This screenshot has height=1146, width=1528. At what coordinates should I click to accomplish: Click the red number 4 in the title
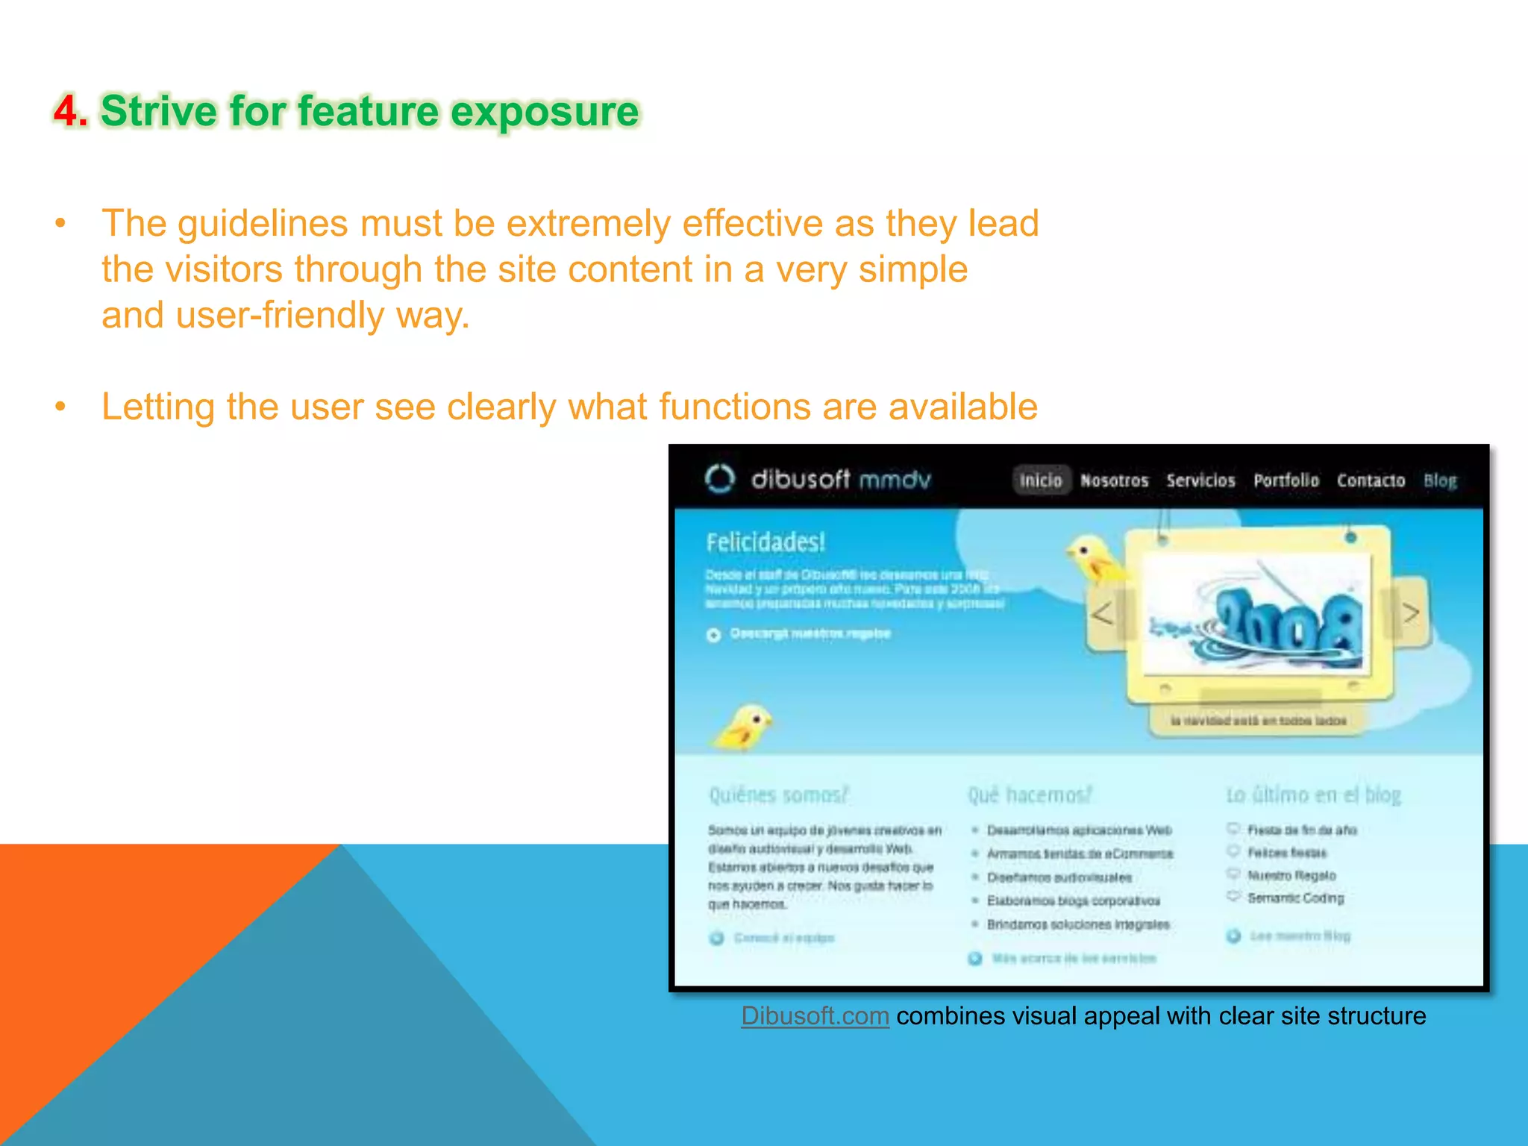(x=69, y=112)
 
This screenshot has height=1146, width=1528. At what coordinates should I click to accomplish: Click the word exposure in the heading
(x=545, y=112)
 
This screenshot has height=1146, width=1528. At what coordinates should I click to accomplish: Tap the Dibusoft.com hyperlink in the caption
(x=815, y=1016)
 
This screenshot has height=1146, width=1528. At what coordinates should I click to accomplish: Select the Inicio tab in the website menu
(x=1041, y=480)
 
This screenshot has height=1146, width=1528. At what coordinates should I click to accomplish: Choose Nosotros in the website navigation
(x=1114, y=480)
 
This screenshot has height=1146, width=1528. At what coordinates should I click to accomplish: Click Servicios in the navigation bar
(x=1200, y=480)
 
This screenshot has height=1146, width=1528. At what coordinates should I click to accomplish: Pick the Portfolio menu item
(x=1286, y=480)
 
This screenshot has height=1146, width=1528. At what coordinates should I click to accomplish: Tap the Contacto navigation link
(x=1371, y=480)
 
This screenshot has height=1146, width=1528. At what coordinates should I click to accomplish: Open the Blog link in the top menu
(x=1440, y=480)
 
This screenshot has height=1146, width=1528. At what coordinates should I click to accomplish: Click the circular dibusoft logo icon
(x=720, y=479)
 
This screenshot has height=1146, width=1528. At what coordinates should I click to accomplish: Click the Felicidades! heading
(x=765, y=542)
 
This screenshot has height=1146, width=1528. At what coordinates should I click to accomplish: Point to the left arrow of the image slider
(x=1103, y=613)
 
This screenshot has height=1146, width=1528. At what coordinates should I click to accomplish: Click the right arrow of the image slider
(x=1410, y=613)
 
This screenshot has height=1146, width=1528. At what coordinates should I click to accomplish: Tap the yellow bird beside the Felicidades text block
(x=745, y=727)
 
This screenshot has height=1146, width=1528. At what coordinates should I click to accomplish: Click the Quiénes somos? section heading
(x=778, y=795)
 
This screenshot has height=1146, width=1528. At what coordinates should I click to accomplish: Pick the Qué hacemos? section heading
(x=1030, y=795)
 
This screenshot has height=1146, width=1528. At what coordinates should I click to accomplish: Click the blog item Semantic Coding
(x=1295, y=898)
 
